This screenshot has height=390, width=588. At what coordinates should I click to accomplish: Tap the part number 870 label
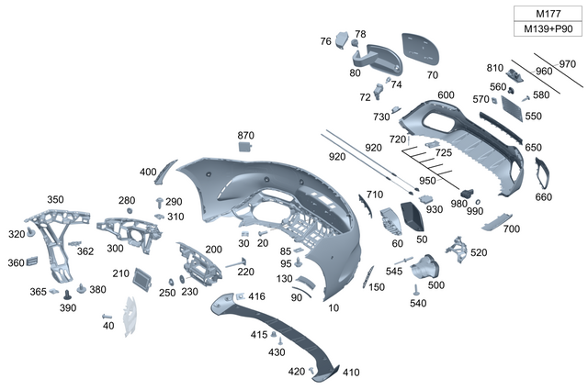(245, 135)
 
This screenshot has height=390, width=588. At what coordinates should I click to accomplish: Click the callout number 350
(56, 199)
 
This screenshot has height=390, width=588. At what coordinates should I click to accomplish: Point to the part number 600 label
(446, 95)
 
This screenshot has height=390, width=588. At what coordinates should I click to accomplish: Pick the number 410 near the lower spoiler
(351, 373)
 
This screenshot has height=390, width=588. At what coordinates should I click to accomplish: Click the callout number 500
(435, 285)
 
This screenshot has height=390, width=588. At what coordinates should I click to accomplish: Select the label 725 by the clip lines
(443, 151)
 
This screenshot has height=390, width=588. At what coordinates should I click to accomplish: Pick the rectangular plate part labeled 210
(143, 276)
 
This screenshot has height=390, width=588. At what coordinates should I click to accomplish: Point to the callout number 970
(567, 63)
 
